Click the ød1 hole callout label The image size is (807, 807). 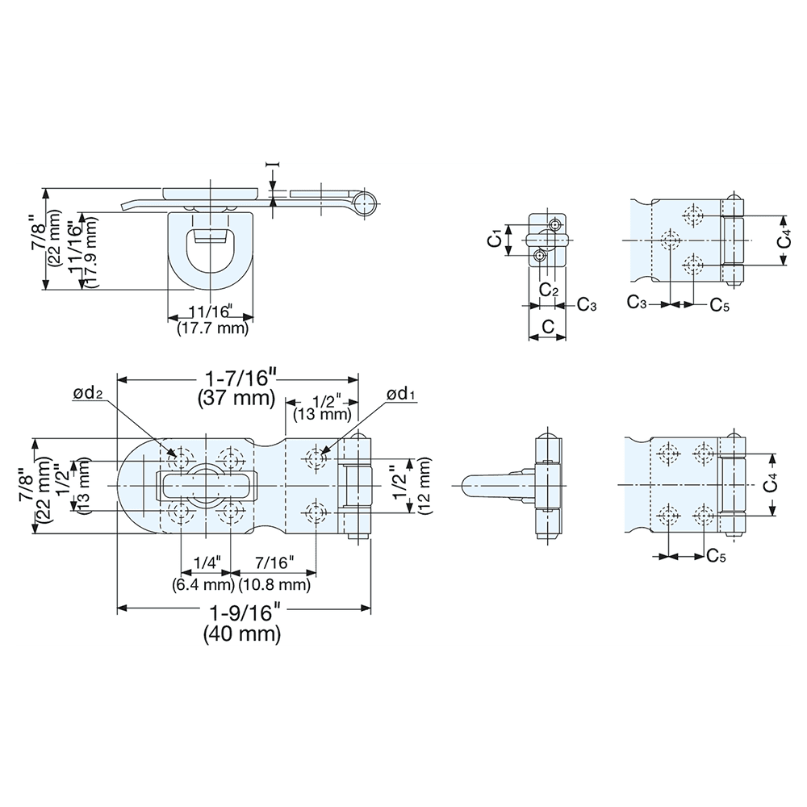[400, 394]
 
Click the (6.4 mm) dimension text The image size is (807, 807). [201, 583]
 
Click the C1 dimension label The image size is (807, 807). [498, 239]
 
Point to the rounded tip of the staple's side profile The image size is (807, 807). [467, 486]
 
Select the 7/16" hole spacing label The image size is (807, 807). [274, 562]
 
